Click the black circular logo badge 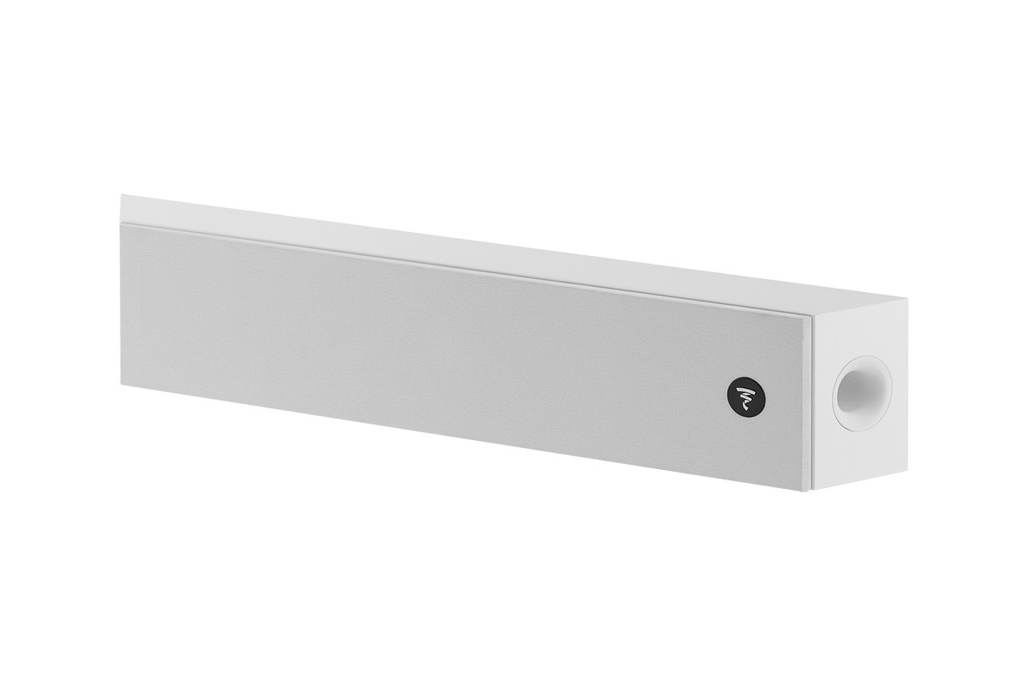pyautogui.click(x=746, y=396)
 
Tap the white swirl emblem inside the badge pyautogui.click(x=746, y=396)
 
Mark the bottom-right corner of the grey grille pyautogui.click(x=809, y=490)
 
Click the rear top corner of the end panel pyautogui.click(x=905, y=300)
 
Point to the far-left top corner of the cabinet pyautogui.click(x=122, y=195)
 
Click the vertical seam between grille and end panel pyautogui.click(x=811, y=402)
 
